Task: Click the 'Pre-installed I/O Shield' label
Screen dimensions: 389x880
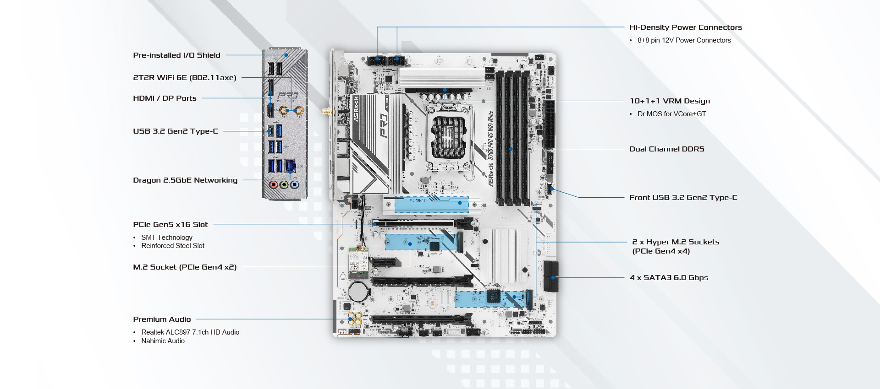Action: pos(176,55)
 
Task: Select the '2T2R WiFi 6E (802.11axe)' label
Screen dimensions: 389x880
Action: pos(185,78)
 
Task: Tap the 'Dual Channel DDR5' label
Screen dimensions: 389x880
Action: pos(666,149)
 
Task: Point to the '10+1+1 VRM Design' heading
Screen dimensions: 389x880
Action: pos(670,101)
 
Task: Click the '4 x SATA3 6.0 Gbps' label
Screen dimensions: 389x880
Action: pos(669,278)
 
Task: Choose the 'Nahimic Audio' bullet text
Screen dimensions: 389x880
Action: pos(163,341)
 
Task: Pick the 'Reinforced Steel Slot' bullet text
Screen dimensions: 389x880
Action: pos(173,246)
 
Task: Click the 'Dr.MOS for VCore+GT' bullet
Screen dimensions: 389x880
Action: pos(671,114)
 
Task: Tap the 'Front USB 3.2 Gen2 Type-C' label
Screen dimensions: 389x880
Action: pos(683,198)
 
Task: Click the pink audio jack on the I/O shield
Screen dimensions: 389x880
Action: pos(274,185)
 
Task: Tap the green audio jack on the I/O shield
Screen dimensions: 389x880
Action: pos(284,185)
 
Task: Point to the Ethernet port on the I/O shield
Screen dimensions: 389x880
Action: pos(290,166)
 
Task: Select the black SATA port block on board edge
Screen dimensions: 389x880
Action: pos(551,276)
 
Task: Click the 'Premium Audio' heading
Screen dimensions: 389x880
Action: pos(162,319)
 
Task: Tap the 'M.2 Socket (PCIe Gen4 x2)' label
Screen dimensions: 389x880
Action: pos(185,267)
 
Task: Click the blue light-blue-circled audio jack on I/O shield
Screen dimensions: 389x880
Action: pos(294,185)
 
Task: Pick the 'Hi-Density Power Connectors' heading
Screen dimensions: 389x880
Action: pos(685,27)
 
